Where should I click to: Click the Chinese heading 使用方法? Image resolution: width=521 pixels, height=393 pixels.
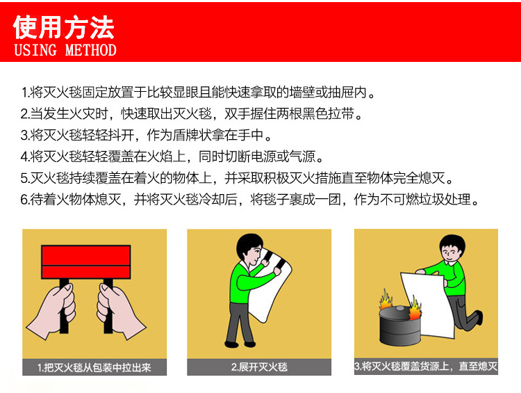click(x=64, y=27)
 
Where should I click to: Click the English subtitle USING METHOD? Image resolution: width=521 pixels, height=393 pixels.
click(x=65, y=50)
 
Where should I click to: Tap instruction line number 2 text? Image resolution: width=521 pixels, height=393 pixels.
click(x=192, y=113)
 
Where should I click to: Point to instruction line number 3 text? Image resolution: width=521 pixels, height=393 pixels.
click(x=147, y=135)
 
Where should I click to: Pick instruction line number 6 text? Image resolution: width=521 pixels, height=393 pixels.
click(x=250, y=200)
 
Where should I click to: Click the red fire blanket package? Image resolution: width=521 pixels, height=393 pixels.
click(x=87, y=262)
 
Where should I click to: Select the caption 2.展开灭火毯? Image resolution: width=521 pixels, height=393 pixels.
click(x=258, y=367)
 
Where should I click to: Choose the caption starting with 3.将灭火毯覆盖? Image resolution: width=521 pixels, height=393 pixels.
click(x=425, y=366)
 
